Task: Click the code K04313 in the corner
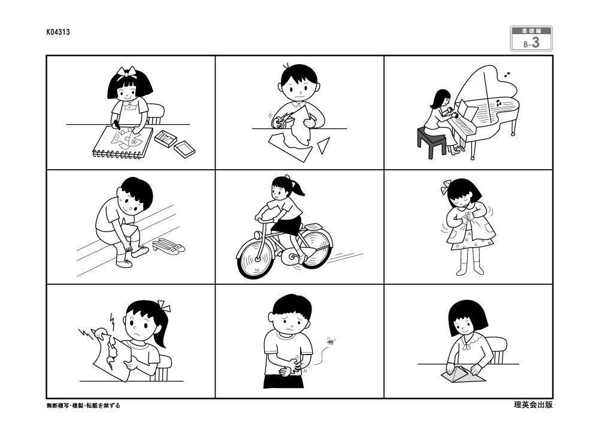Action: [x=58, y=32]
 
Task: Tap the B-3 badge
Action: [x=531, y=38]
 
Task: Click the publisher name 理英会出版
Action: [x=533, y=404]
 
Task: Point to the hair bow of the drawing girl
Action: [x=127, y=71]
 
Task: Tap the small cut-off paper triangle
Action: [x=323, y=146]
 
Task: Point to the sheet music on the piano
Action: [x=469, y=110]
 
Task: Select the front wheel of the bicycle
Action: [x=256, y=259]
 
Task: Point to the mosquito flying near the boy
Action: [x=330, y=341]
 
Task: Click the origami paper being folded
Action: [x=462, y=373]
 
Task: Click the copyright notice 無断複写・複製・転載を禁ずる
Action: [x=83, y=405]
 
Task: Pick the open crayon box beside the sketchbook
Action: [x=165, y=138]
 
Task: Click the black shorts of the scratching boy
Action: [x=284, y=381]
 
